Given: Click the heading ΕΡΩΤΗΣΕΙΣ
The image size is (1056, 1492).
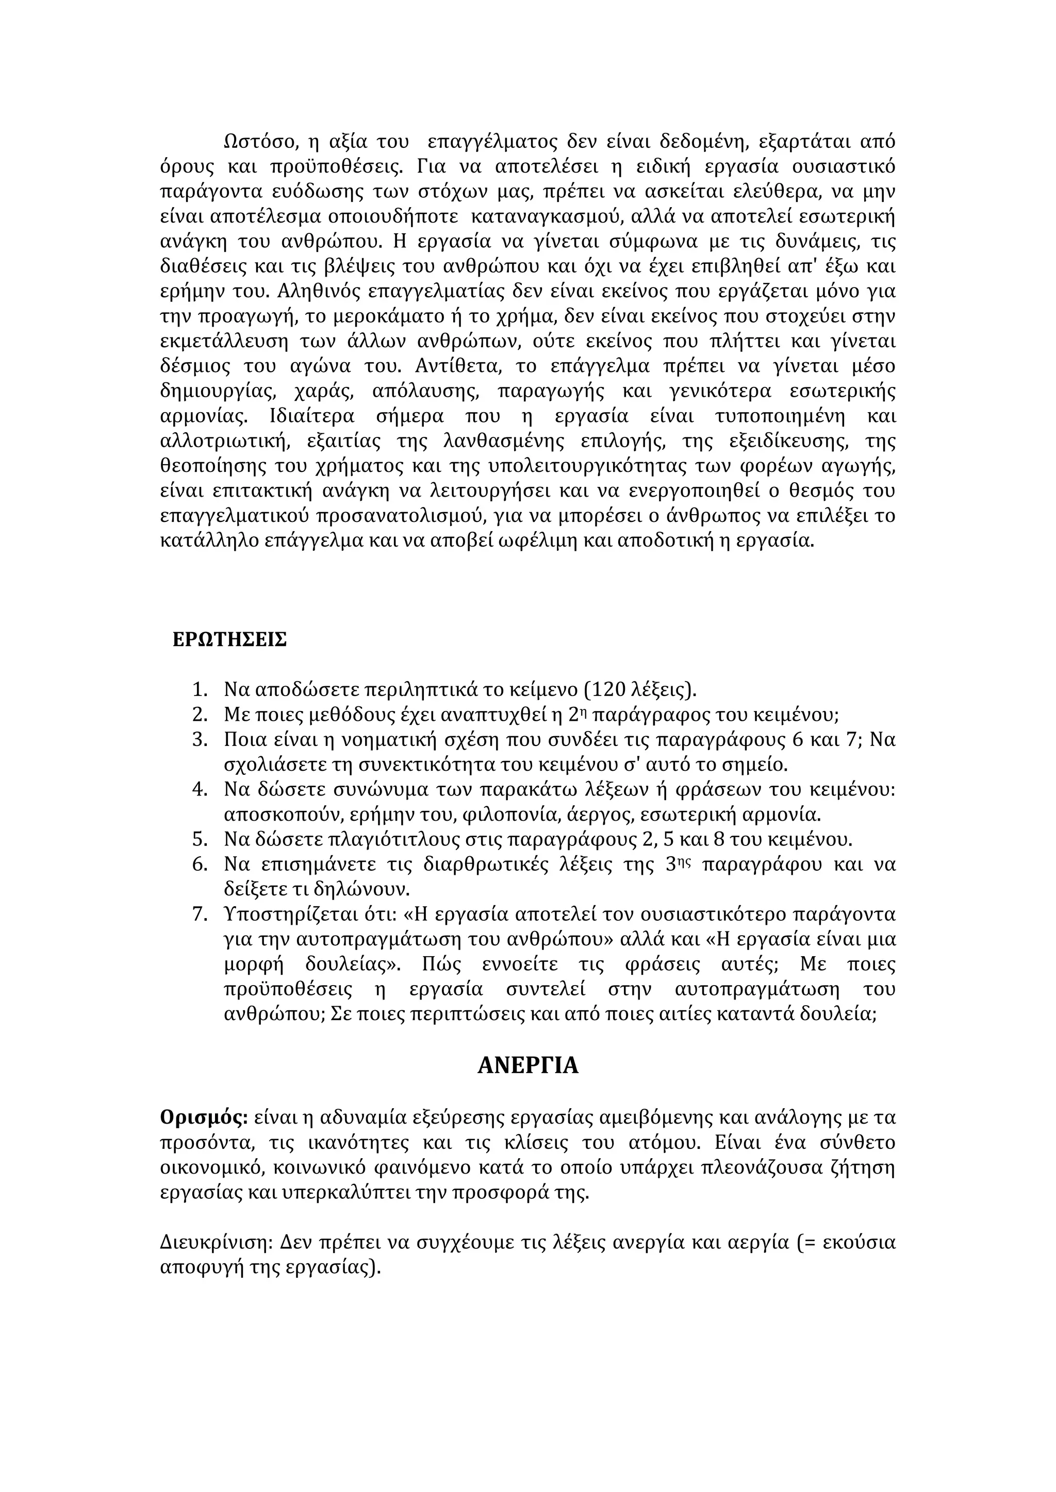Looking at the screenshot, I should pos(229,640).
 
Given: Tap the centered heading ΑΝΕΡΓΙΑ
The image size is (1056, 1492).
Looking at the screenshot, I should pos(527,1066).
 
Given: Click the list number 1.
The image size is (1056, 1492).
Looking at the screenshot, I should pos(199,689).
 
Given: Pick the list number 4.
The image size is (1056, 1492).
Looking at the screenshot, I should pos(199,790).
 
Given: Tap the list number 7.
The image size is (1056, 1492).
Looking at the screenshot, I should pos(199,914).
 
